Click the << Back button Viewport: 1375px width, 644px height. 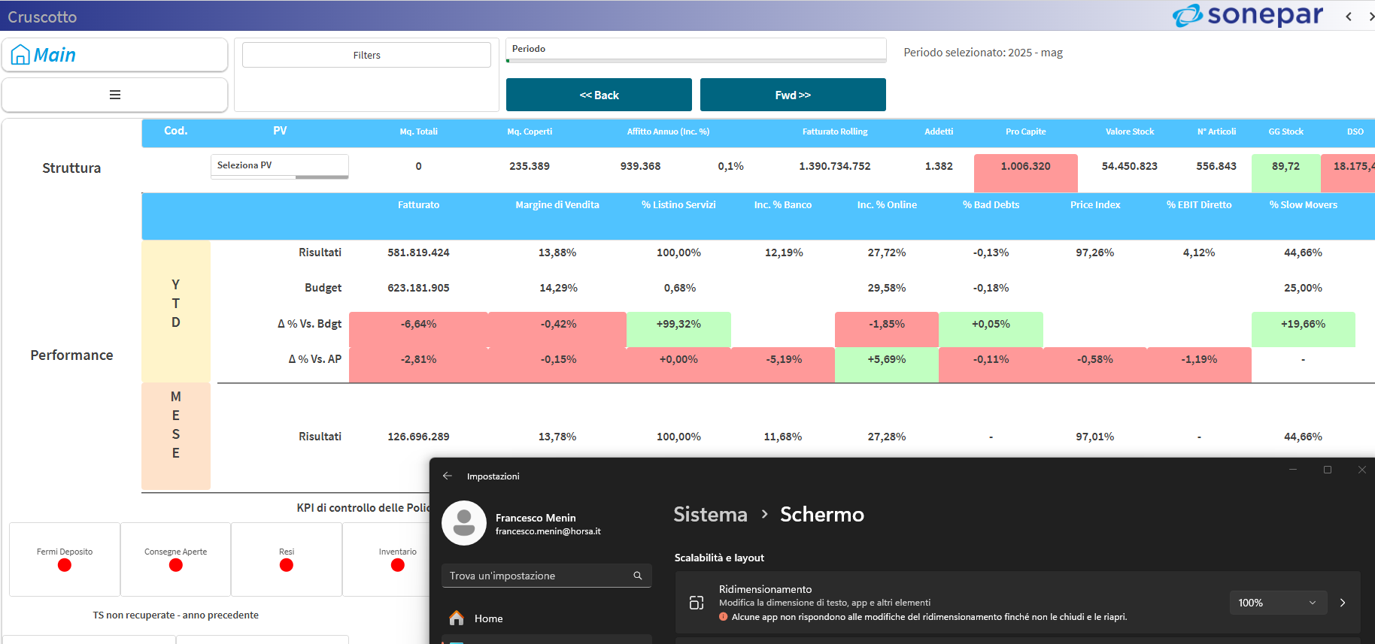click(x=599, y=95)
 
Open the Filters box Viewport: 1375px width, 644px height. click(x=366, y=55)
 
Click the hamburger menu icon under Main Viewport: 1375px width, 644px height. click(x=115, y=95)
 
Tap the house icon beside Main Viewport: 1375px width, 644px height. click(x=20, y=55)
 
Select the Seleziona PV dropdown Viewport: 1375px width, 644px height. click(x=279, y=165)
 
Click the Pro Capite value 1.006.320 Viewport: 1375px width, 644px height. click(x=1025, y=166)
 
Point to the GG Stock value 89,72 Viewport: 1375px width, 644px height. click(x=1285, y=166)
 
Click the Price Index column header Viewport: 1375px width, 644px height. click(x=1094, y=204)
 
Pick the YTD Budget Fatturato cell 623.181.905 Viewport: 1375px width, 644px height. click(x=418, y=288)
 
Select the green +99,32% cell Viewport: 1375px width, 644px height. click(x=678, y=324)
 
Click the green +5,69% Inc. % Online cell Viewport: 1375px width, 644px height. click(x=886, y=359)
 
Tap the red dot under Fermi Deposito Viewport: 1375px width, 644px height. click(x=65, y=565)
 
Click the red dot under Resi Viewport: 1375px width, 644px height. click(x=287, y=565)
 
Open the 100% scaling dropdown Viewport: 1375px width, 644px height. click(x=1277, y=603)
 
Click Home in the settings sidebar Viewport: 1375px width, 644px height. click(x=488, y=618)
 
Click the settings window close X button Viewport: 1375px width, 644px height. click(x=1361, y=470)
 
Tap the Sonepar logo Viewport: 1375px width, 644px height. click(x=1248, y=15)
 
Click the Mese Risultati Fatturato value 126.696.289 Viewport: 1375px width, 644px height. click(x=418, y=437)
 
